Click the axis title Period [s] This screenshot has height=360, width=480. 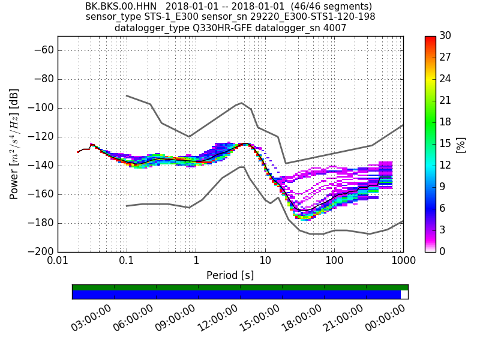tap(230, 275)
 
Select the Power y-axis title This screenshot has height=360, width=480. tap(14, 144)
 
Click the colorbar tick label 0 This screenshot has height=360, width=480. tap(443, 252)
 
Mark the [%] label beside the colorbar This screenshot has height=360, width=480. tap(461, 144)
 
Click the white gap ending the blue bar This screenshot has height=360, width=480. tap(404, 295)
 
